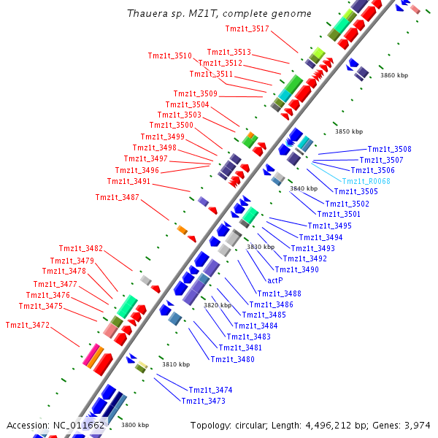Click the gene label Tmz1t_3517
tap(247, 28)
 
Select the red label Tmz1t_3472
tap(28, 325)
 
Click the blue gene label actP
tap(275, 280)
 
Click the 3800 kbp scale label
tap(135, 425)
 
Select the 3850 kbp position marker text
tap(349, 132)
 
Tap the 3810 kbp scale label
tap(176, 364)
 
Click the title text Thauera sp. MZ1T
tap(219, 14)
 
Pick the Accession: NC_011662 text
tap(55, 425)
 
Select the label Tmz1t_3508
tap(389, 149)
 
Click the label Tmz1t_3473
tap(203, 401)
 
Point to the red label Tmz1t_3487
tap(117, 197)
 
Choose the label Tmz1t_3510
tap(169, 55)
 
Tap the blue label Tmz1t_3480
tap(232, 359)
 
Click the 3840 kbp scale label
tap(304, 188)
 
